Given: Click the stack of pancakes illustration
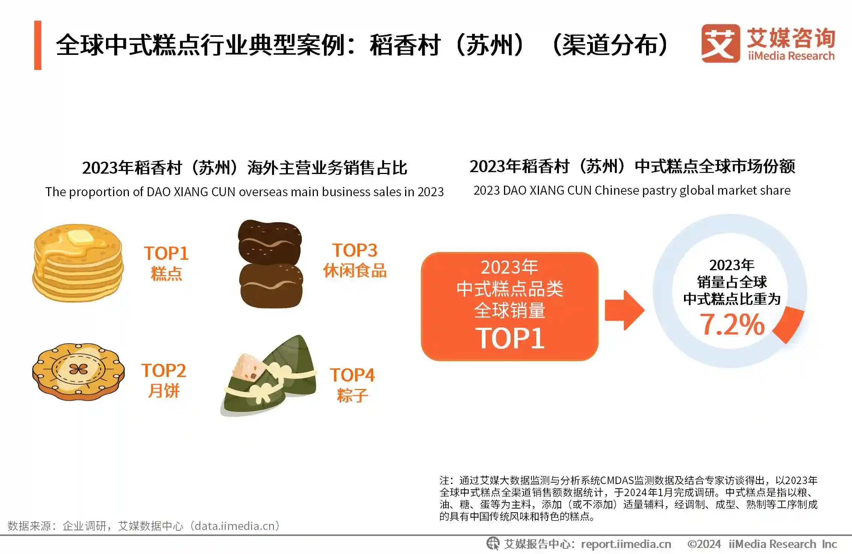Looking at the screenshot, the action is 78,263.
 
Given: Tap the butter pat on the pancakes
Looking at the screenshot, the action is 79,238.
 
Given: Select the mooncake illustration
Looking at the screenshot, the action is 78,371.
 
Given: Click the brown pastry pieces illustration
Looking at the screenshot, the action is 270,264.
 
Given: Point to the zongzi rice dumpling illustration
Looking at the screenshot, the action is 269,376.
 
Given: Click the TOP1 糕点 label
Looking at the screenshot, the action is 166,263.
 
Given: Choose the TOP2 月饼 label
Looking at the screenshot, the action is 163,380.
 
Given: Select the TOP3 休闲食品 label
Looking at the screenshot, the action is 355,260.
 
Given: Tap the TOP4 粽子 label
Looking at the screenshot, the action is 353,384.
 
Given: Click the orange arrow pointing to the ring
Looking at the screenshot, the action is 624,310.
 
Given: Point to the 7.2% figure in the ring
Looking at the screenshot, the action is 732,324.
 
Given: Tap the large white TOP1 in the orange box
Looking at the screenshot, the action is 510,338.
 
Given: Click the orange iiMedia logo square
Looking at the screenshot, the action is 720,43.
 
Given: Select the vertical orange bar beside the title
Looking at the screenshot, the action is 38,45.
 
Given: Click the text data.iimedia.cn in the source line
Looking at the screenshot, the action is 237,526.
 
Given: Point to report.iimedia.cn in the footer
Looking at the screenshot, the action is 626,544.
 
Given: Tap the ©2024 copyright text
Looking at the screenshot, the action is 704,544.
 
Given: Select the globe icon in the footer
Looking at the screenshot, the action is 493,543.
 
